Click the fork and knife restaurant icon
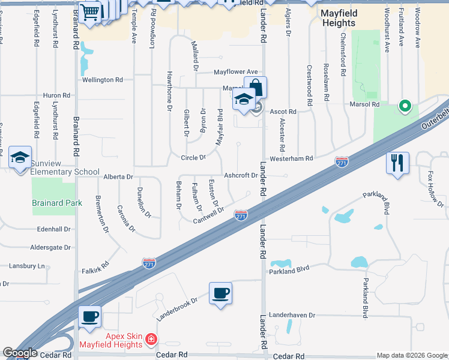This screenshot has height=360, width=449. coord(397,163)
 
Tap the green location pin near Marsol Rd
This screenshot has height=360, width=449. coord(405,107)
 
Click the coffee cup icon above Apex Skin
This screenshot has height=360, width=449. coord(90,317)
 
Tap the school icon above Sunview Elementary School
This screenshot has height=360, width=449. coord(20,158)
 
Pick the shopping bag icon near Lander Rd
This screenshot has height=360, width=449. coord(255,88)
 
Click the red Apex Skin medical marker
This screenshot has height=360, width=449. coord(151,340)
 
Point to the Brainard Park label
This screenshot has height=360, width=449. coord(57,203)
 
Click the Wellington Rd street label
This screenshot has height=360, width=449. coord(102,79)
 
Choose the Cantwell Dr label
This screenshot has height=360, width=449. coord(208,215)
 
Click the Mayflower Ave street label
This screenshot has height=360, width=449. coord(236,72)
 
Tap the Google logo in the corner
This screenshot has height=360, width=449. coord(20,353)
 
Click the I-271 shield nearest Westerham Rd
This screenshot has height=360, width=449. coord(341,162)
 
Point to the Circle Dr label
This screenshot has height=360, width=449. coord(193,158)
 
